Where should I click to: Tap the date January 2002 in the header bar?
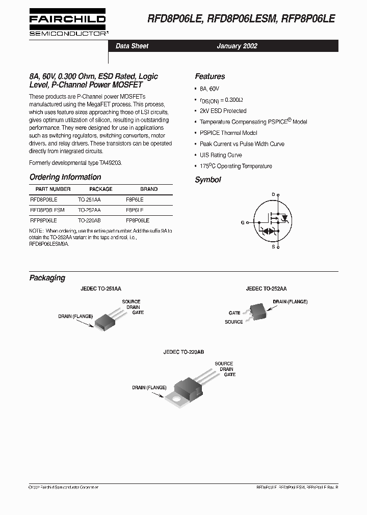coord(237,46)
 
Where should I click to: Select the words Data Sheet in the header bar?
coord(132,46)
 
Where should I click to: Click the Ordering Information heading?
coord(65,177)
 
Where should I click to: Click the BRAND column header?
coord(149,189)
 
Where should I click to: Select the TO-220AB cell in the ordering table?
coord(89,220)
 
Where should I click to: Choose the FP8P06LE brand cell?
coord(138,220)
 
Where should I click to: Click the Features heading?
coord(209,76)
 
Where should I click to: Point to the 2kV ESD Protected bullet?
coord(223,111)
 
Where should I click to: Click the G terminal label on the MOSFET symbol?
coord(242,222)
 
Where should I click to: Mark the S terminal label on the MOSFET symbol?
coord(273,247)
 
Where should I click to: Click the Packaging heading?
coord(47,278)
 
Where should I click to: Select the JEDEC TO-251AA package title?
coord(101,289)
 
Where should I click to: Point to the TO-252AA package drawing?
coord(257,312)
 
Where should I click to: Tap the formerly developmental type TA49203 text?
coord(76,162)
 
